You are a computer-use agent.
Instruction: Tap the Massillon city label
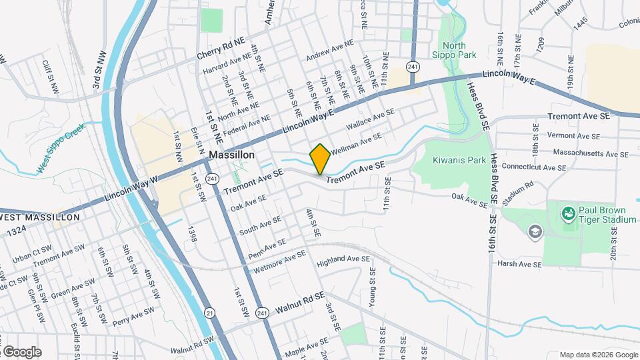click(231, 154)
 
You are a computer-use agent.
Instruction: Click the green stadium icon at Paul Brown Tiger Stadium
click(568, 214)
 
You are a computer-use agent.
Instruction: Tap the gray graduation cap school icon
click(535, 231)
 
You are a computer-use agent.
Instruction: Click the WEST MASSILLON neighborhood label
click(40, 217)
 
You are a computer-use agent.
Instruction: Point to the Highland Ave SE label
click(343, 259)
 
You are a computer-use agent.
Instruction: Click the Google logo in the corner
click(21, 351)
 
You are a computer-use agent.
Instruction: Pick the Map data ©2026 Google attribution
click(598, 355)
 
